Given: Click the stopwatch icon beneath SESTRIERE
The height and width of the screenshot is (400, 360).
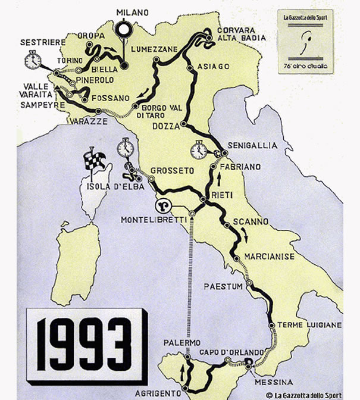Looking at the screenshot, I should pos(33,60).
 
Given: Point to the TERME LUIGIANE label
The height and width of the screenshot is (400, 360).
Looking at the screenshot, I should pos(314,325).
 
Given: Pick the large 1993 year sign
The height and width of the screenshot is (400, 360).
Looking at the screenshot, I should pos(83,339).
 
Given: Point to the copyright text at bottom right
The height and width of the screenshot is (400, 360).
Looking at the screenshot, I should pos(303,395).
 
